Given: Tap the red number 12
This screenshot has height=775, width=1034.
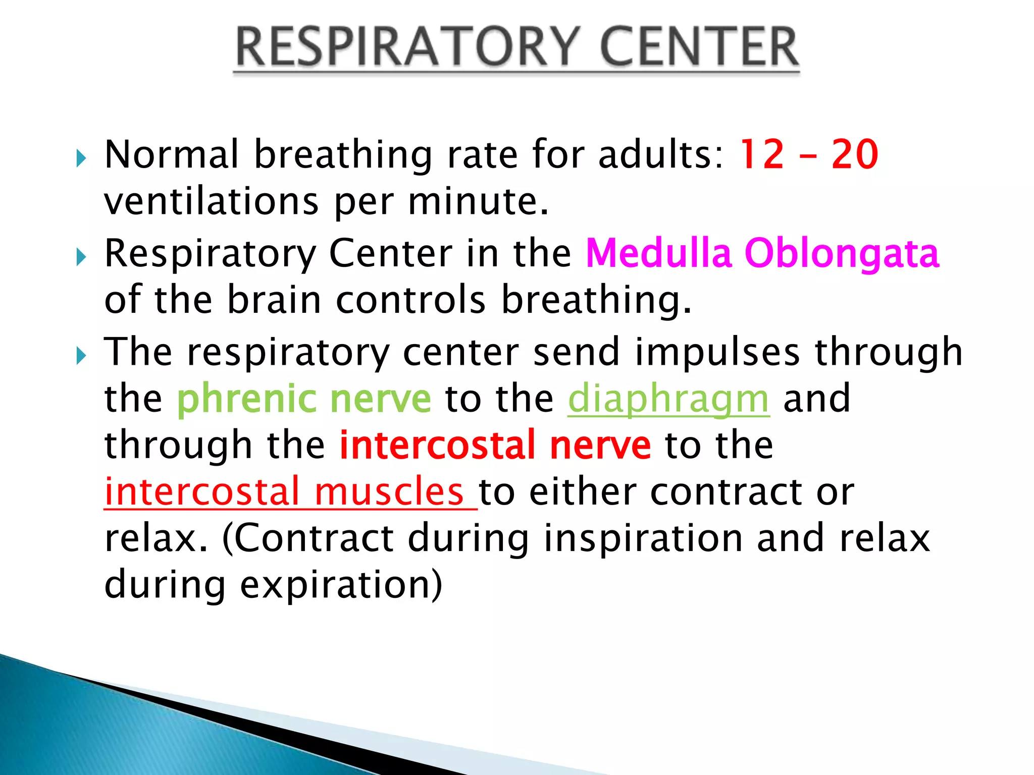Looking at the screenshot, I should click(x=762, y=154).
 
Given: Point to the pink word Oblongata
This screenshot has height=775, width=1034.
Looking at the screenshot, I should click(x=842, y=254).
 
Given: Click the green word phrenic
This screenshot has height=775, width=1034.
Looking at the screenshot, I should click(x=246, y=399).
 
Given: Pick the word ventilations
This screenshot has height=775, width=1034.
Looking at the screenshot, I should click(x=211, y=201).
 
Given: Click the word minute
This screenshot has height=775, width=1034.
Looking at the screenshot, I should click(x=478, y=201).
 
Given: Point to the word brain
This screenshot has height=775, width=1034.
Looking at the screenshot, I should click(x=274, y=300).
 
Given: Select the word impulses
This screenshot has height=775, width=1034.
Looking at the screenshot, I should click(x=717, y=352).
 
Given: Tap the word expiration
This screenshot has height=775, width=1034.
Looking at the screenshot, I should click(x=341, y=585).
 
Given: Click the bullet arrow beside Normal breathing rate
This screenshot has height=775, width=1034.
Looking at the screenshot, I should click(x=81, y=158).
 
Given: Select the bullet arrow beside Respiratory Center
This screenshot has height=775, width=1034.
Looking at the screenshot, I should click(x=81, y=257).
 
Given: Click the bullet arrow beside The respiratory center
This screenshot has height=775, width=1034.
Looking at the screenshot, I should click(x=81, y=356).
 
